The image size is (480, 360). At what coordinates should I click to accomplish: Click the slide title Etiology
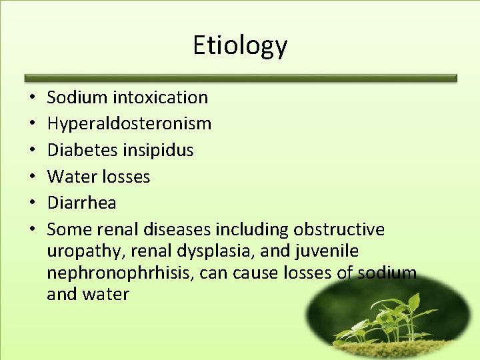240,45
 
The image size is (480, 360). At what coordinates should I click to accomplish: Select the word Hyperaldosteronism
129,124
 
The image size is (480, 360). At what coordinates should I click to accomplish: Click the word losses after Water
126,177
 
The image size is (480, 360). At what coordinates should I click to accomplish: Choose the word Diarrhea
81,203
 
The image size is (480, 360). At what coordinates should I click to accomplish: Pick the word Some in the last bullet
65,229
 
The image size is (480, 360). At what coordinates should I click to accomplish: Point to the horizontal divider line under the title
240,78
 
